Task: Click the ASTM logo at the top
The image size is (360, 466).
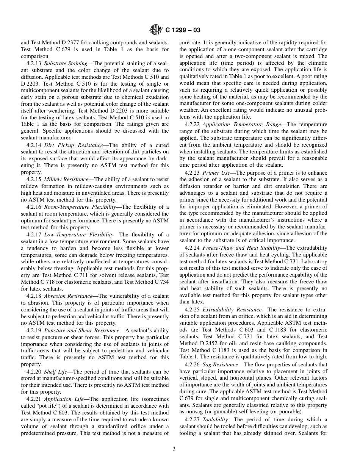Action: (x=156, y=30)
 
